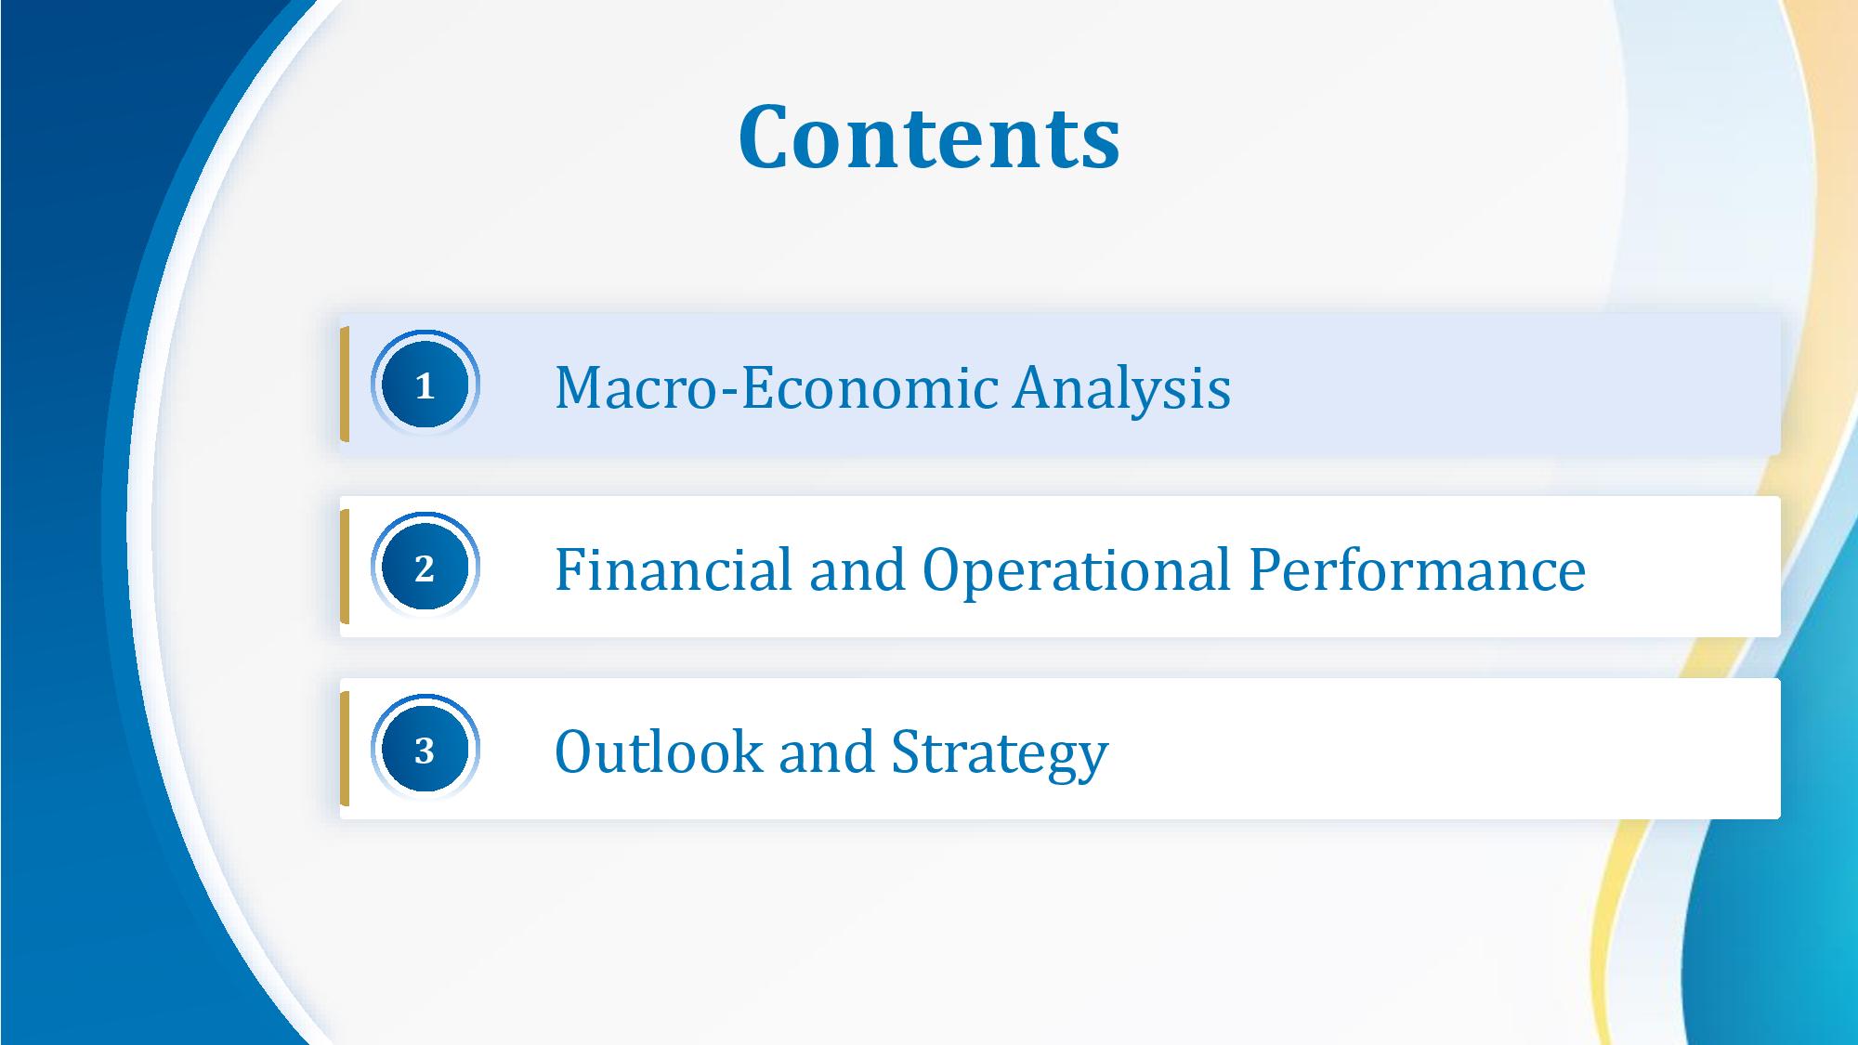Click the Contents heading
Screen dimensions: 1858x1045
929,137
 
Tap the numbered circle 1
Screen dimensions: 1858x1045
425,385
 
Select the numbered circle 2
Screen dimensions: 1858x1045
425,567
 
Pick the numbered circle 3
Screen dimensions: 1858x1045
425,749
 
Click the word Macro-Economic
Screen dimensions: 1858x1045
776,386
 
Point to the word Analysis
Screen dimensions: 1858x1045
1122,388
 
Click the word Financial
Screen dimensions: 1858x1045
674,568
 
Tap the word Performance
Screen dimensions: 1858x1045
1417,568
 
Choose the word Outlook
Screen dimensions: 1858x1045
659,751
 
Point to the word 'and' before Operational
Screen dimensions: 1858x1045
857,568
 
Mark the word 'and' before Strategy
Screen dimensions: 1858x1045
827,751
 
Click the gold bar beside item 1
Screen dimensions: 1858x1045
345,385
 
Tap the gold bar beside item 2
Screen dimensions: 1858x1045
345,567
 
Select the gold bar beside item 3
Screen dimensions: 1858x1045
345,749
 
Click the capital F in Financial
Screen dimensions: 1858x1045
571,568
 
